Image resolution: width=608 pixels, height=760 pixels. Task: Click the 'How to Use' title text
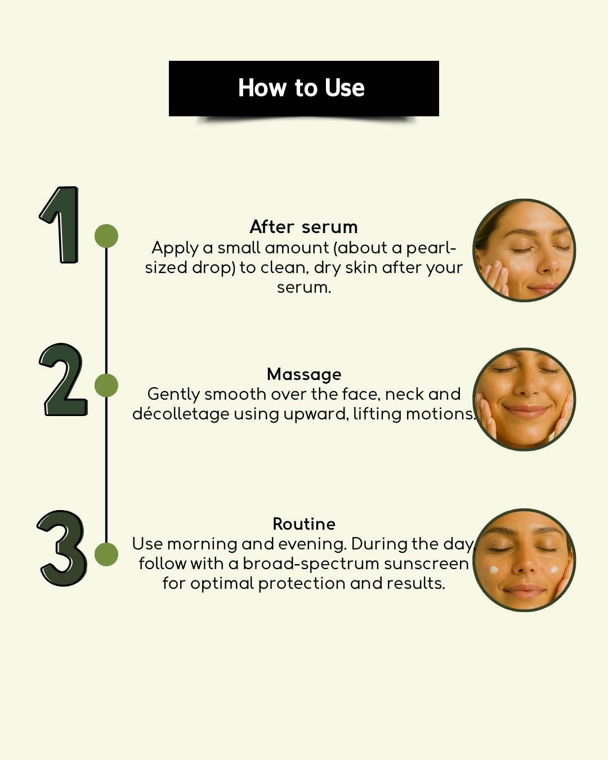point(301,88)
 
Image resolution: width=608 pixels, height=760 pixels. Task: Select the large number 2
point(64,379)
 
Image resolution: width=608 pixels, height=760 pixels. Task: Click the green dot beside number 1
point(106,235)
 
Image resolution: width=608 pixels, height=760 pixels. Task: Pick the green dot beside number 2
point(106,385)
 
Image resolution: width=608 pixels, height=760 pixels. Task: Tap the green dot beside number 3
point(106,554)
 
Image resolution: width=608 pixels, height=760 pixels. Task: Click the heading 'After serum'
point(303,227)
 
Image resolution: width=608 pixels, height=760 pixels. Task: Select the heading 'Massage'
point(304,374)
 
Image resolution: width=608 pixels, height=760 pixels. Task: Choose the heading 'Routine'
point(304,524)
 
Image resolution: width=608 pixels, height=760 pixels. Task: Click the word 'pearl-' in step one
point(431,249)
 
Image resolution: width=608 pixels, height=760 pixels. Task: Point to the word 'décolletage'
point(181,414)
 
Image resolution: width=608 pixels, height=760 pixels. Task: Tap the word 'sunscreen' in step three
point(426,564)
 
